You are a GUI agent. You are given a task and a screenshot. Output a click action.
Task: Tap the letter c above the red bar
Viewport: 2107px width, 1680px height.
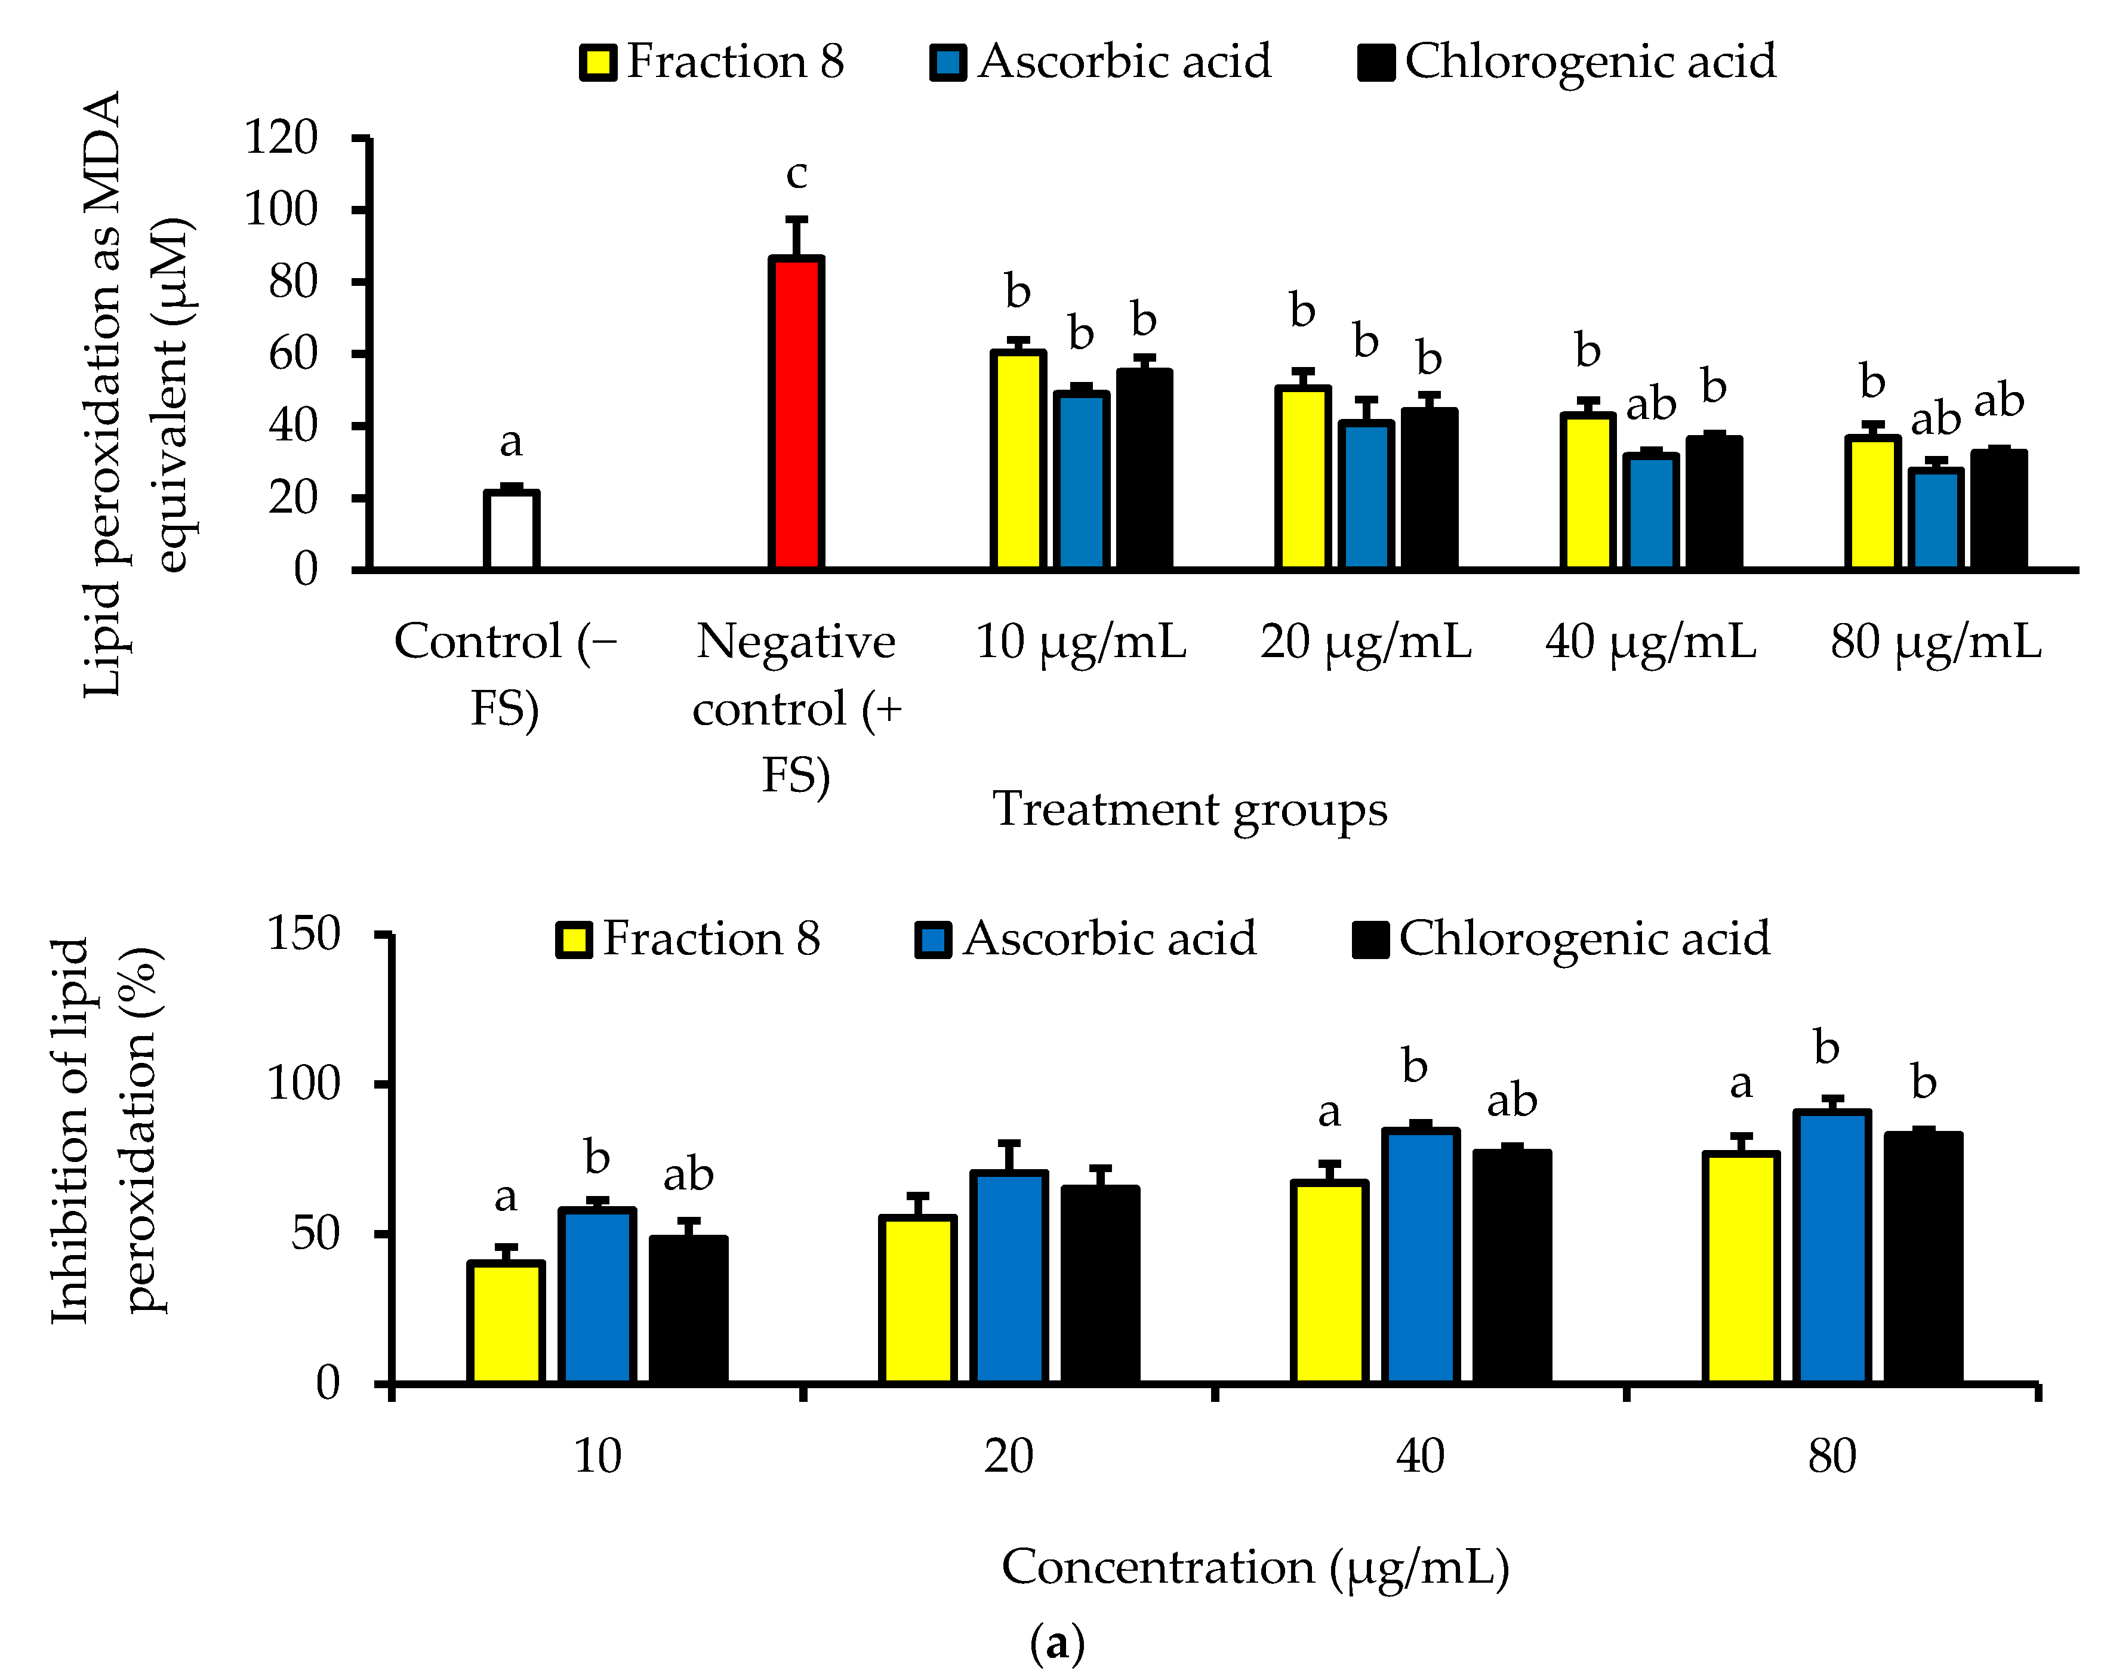(x=796, y=175)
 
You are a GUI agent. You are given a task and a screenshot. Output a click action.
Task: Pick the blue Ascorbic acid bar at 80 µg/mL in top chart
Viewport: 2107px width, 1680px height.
(x=1935, y=519)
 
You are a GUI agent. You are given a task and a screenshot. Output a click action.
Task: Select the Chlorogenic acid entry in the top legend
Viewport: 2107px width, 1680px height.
(x=1567, y=61)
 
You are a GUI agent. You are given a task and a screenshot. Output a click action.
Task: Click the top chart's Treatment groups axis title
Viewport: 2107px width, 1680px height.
(x=1190, y=809)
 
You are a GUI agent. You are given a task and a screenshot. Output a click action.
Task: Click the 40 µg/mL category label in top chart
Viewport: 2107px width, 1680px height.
(x=1650, y=642)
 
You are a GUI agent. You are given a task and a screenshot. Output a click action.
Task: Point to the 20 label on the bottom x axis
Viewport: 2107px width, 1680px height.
(x=1008, y=1456)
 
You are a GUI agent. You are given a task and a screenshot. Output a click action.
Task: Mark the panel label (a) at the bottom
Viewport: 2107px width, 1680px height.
(x=1056, y=1644)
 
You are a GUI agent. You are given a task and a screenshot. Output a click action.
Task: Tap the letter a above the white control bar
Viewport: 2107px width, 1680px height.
(x=510, y=443)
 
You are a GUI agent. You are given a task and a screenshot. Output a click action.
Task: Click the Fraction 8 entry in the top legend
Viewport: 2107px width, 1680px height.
(x=711, y=61)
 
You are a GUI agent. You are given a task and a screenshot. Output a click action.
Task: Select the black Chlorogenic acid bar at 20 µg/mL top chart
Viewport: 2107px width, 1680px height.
(x=1429, y=489)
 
